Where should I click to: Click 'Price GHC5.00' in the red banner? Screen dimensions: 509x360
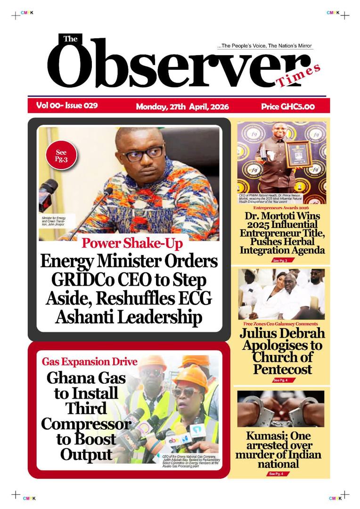[288, 107]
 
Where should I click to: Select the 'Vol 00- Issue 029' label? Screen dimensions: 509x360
[67, 106]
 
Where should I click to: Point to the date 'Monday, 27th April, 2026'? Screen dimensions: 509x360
[182, 107]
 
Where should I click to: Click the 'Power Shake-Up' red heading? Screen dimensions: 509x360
[132, 243]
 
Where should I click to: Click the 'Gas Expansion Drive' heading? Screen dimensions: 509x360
[90, 362]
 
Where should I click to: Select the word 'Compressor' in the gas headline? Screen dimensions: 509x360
[86, 424]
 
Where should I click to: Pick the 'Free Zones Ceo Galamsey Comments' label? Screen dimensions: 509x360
[280, 324]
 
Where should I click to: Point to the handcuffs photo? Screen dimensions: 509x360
[281, 409]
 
